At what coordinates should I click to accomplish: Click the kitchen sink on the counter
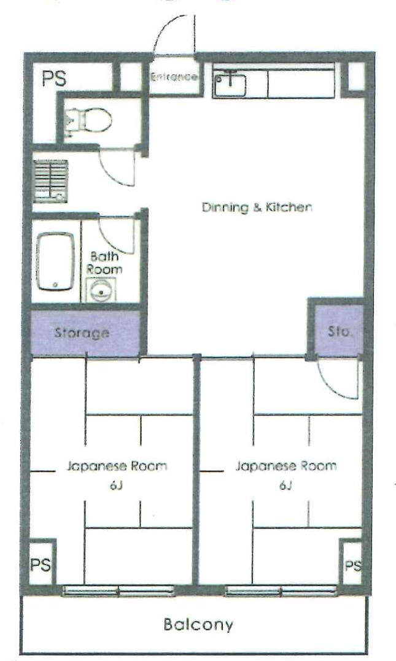230,84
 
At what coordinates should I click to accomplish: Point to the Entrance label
174,77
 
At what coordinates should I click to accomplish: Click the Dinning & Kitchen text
257,207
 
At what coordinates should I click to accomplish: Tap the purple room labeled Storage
82,333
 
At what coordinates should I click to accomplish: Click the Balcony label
198,625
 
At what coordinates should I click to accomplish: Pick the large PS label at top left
55,79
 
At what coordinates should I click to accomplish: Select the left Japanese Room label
117,466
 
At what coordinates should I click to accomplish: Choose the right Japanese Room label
286,466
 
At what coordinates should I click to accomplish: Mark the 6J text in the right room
285,486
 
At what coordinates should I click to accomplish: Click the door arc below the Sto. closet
336,377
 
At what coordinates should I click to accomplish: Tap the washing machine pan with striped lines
50,180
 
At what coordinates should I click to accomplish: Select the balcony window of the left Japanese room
118,591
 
